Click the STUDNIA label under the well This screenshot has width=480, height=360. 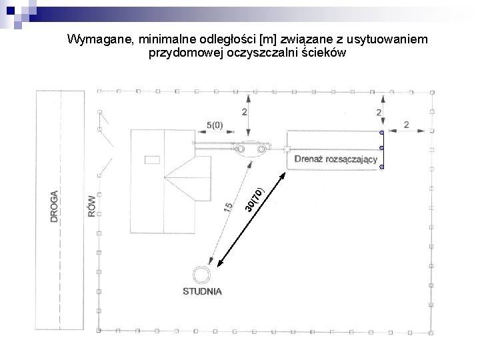(203, 291)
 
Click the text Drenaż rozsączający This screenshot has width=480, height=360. (336, 159)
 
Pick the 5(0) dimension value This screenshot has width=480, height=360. (215, 124)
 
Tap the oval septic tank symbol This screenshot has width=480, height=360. (249, 148)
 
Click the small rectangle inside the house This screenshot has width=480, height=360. (153, 160)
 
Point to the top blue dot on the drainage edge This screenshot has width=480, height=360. (381, 133)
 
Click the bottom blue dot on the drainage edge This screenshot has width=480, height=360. (382, 167)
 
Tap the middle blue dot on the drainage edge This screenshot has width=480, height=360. (381, 148)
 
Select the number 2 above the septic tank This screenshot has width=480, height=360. (245, 111)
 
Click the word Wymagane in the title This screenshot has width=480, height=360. (101, 41)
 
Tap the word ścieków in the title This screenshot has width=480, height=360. (323, 53)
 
